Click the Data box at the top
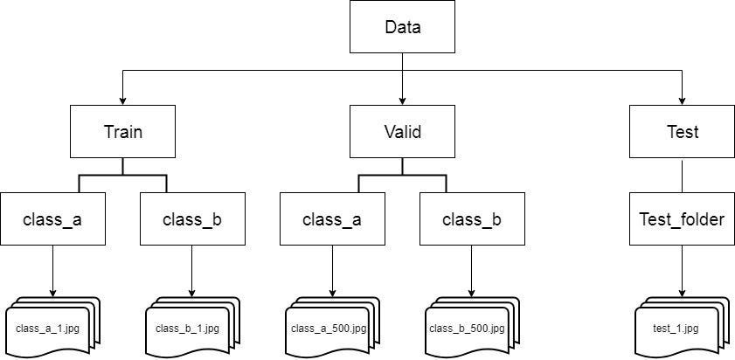coord(402,26)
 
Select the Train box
coord(122,132)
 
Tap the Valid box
coord(402,132)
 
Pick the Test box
coord(682,132)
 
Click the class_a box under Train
coord(52,219)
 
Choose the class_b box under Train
coord(192,219)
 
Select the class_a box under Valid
coord(332,219)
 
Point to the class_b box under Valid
coord(472,219)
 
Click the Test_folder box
coord(682,219)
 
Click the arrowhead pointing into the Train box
coord(122,100)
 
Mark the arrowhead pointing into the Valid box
coord(402,100)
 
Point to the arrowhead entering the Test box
coord(682,100)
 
